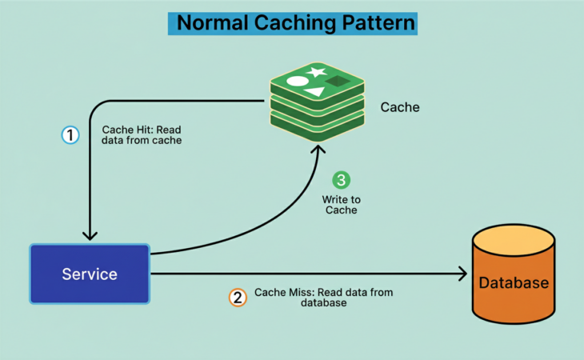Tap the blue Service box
pyautogui.click(x=90, y=274)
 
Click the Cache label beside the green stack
pyautogui.click(x=400, y=106)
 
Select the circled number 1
pyautogui.click(x=71, y=135)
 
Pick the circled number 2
pyautogui.click(x=238, y=298)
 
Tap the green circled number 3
pyautogui.click(x=342, y=180)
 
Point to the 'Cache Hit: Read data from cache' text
pyautogui.click(x=142, y=134)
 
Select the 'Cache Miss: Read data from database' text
pyautogui.click(x=323, y=298)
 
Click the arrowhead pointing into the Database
pyautogui.click(x=462, y=274)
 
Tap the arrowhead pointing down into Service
pyautogui.click(x=90, y=234)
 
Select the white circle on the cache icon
pyautogui.click(x=296, y=81)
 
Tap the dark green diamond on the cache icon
pyautogui.click(x=337, y=81)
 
